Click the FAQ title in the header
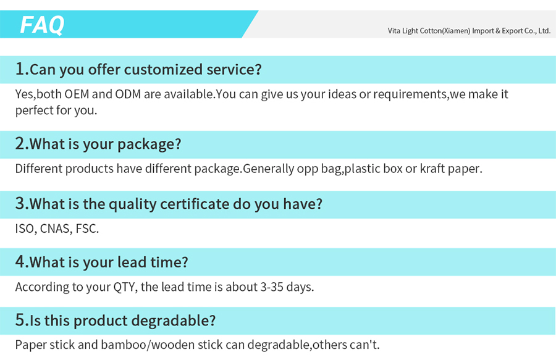pos(42,25)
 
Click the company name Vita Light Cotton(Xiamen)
pos(429,31)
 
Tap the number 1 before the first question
pos(20,69)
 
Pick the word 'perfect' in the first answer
pos(34,111)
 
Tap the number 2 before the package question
pos(20,143)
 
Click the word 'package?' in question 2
pos(150,144)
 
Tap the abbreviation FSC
pos(87,228)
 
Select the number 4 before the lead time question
pos(20,261)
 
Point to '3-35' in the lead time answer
pos(272,287)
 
